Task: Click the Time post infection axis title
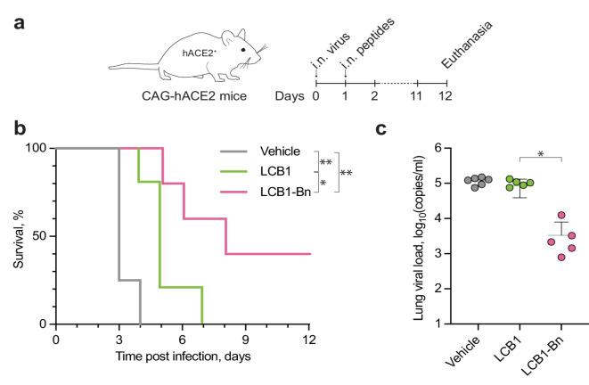[183, 356]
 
